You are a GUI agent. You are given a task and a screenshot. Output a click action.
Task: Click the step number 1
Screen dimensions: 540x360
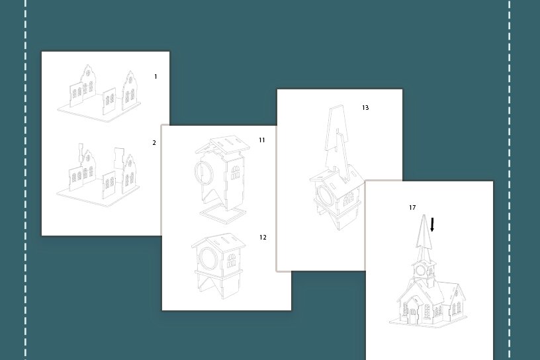pos(156,77)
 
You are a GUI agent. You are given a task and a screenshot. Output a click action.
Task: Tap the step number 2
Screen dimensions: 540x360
pos(154,143)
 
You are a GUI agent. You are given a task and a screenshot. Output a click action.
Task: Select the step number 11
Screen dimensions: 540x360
pos(262,140)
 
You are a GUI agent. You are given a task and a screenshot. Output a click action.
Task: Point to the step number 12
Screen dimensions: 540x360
pos(263,237)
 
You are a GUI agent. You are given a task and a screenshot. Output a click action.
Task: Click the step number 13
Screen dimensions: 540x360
pos(365,108)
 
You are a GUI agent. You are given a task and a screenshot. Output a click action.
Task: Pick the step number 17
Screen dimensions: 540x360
pos(412,207)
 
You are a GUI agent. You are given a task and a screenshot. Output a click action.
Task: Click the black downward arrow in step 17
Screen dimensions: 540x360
pos(432,224)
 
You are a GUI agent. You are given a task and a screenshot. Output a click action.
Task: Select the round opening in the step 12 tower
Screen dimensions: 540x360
pos(208,258)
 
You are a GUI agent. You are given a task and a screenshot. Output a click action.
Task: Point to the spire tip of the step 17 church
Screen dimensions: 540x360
pos(424,215)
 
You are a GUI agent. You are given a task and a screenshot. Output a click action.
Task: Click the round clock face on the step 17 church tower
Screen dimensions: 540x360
pos(420,270)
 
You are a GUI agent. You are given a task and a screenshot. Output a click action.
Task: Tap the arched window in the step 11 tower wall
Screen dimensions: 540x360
pos(235,173)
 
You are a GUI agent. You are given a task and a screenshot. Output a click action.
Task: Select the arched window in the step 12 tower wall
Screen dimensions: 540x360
pos(232,261)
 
